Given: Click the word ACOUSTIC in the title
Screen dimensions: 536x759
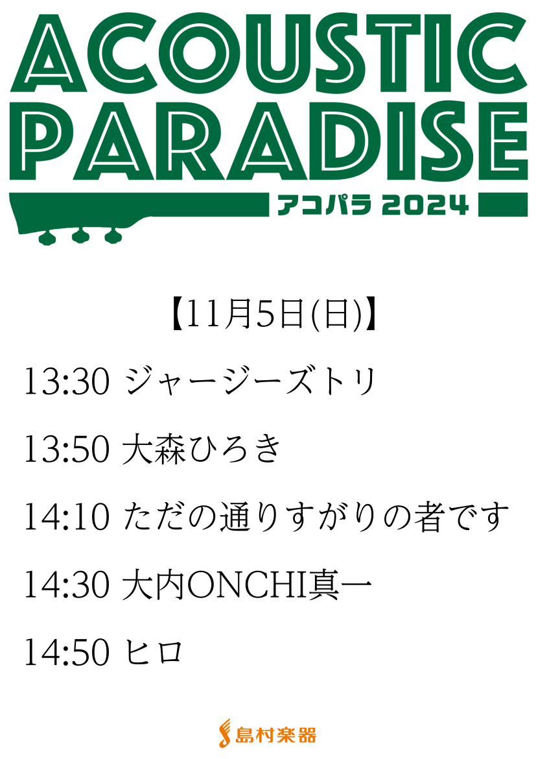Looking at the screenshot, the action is [x=268, y=52].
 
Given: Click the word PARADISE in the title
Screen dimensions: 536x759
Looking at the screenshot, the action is [x=268, y=141].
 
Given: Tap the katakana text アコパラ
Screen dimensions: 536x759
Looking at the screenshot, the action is [x=325, y=205].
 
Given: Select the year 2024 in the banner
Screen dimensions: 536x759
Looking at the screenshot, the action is [x=425, y=205].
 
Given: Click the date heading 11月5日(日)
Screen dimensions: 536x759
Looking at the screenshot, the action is [x=274, y=314].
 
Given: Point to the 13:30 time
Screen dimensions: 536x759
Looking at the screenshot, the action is [x=67, y=382].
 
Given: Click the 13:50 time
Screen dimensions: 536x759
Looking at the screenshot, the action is [x=67, y=450].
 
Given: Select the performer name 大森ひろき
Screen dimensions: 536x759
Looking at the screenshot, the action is [x=201, y=450].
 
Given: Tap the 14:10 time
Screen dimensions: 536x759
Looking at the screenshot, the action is [x=67, y=518].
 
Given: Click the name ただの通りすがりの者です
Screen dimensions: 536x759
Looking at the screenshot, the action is [x=316, y=518].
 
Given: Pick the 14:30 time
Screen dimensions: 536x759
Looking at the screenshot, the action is [x=67, y=585].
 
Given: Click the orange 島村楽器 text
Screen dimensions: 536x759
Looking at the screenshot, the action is [x=275, y=735].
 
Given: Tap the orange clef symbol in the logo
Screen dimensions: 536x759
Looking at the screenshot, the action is [x=225, y=733].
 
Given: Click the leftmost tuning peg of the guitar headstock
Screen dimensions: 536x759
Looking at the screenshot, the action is [x=47, y=237].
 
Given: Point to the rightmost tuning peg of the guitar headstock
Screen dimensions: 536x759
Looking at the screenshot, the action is [x=113, y=235].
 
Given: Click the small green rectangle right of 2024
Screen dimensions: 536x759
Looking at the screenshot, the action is [x=503, y=204].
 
